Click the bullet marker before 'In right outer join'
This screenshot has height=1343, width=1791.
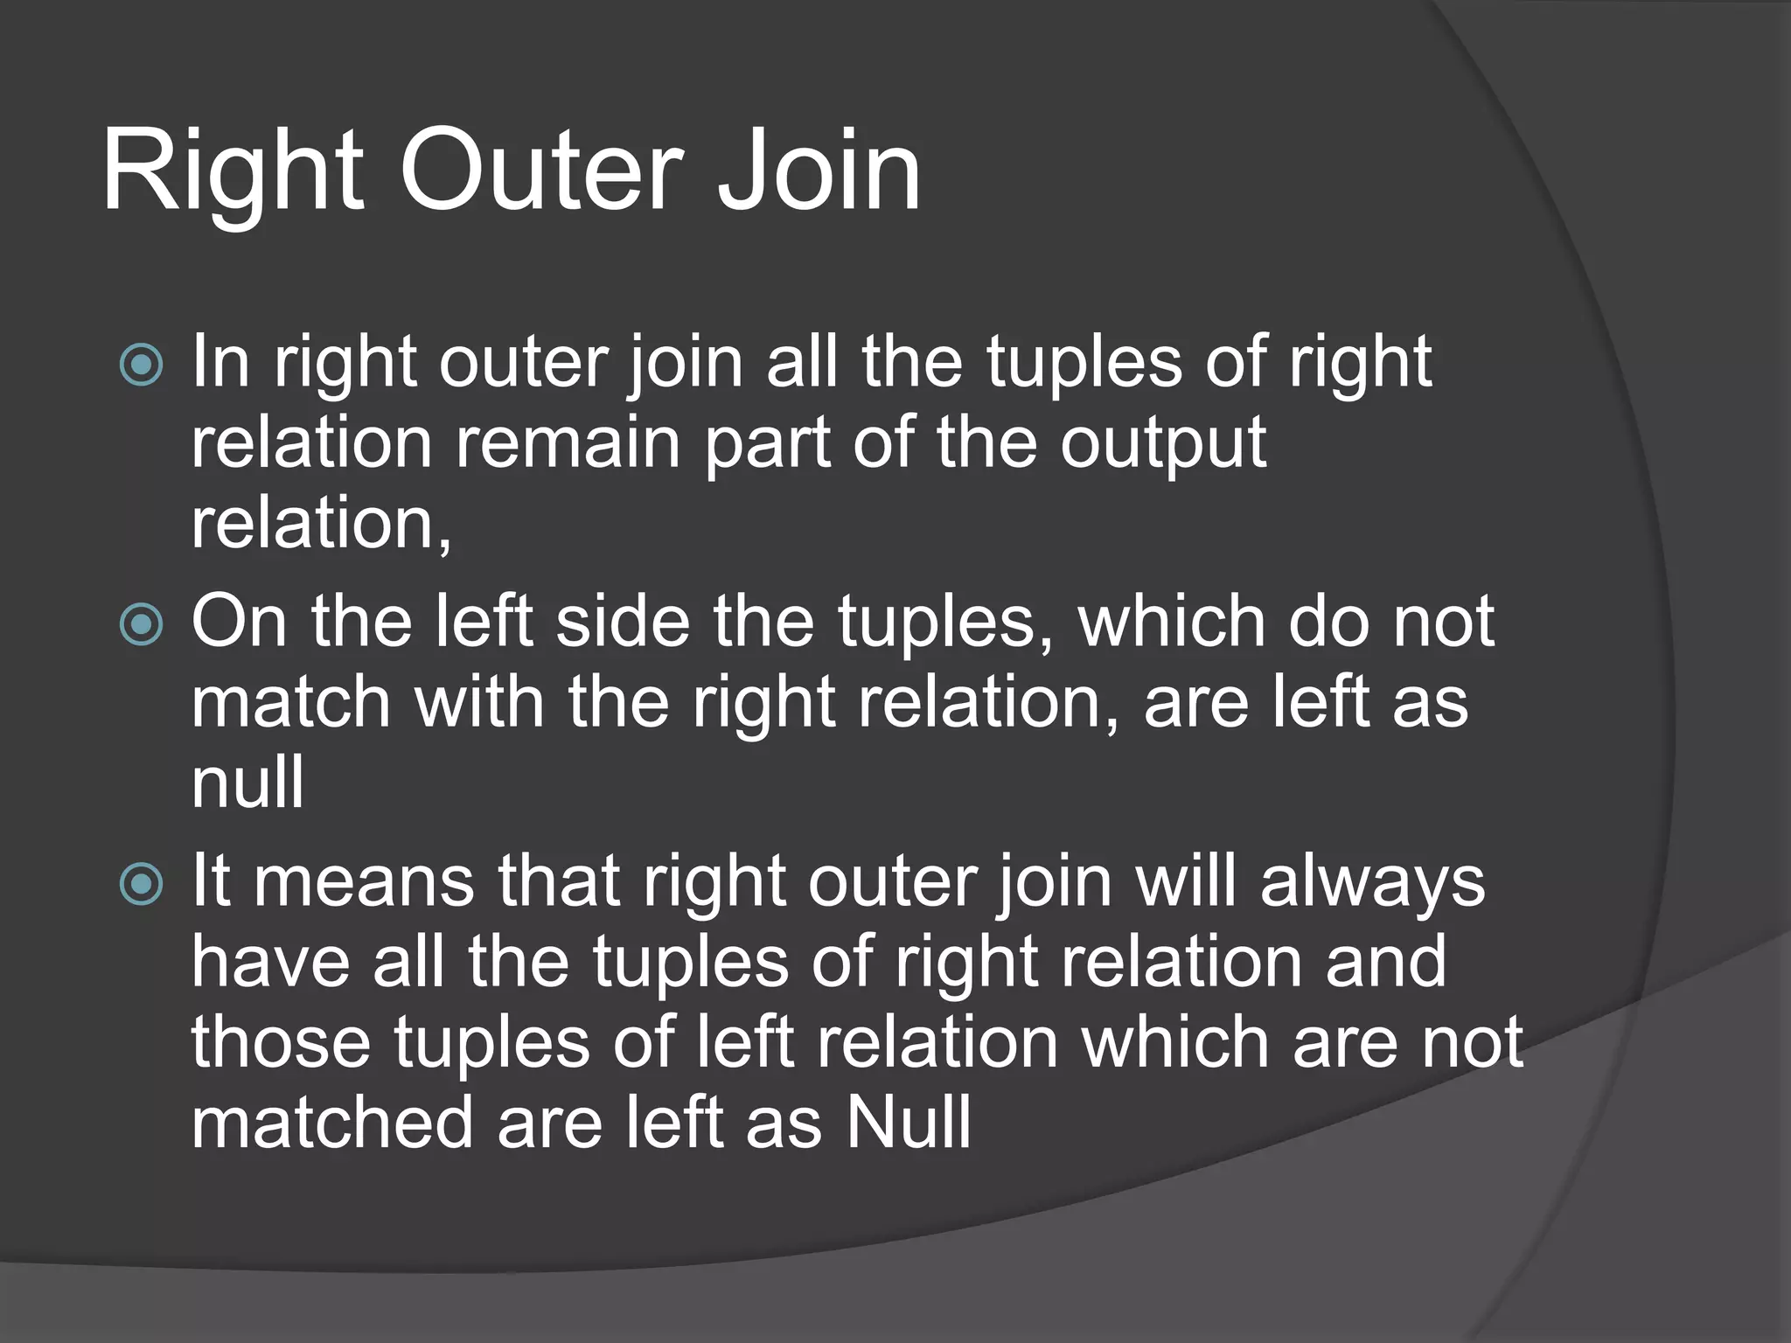click(x=141, y=365)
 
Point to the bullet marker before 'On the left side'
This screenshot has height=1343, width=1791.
click(x=141, y=624)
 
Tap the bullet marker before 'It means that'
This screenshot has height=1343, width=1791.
click(x=141, y=884)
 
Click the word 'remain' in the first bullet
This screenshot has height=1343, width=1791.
click(x=569, y=442)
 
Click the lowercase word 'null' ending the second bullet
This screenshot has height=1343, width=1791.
click(x=247, y=783)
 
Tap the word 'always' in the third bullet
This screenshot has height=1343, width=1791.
click(x=1372, y=883)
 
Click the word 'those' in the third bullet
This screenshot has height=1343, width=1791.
click(x=281, y=1042)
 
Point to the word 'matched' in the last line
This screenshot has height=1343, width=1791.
click(x=332, y=1123)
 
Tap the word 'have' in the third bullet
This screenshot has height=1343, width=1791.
click(x=271, y=962)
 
